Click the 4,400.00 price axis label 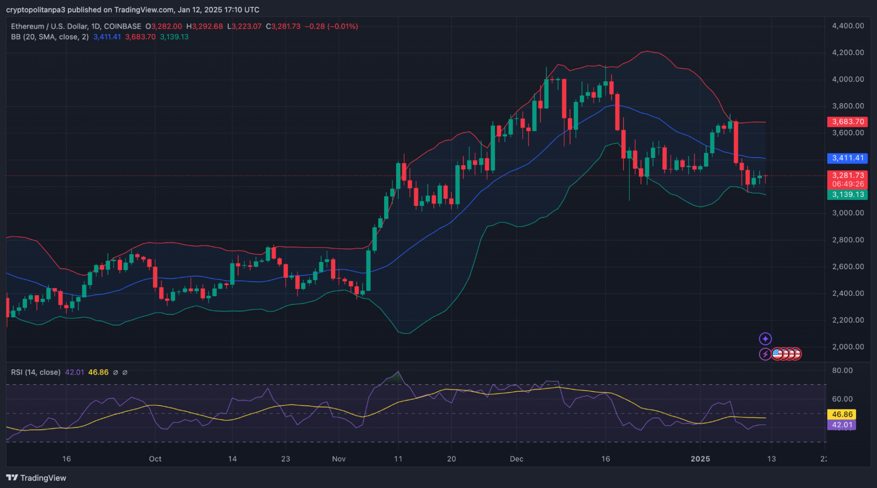848,26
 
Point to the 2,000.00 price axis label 848,347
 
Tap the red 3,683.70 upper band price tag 847,122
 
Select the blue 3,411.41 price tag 847,158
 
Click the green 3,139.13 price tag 847,195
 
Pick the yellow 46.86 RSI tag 842,415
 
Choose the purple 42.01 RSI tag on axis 842,425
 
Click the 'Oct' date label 155,459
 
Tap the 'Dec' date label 517,459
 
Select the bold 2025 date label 700,459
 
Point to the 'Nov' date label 339,459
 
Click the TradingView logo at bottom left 37,478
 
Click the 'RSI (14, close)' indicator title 36,373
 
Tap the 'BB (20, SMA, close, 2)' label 50,37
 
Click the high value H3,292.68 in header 205,26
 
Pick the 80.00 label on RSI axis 842,371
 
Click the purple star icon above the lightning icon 765,339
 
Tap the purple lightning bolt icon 765,354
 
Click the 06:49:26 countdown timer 848,184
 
